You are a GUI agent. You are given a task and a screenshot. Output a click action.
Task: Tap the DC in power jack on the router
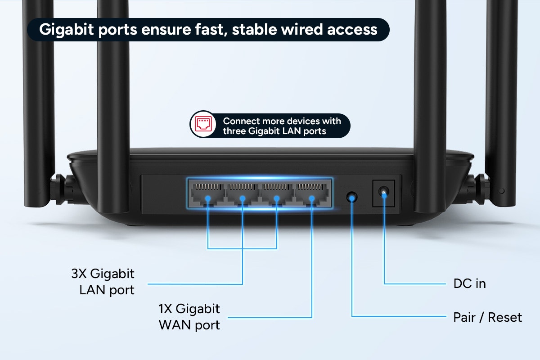(x=383, y=193)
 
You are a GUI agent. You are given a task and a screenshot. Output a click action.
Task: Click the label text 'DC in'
(x=469, y=284)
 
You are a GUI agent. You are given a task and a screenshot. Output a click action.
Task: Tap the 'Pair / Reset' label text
(x=487, y=317)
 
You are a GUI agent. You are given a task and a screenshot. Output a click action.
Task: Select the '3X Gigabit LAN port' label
(x=103, y=282)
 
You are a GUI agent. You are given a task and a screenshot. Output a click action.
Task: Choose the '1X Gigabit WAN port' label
(x=189, y=317)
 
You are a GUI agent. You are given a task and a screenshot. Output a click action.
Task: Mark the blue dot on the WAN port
(x=311, y=198)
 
